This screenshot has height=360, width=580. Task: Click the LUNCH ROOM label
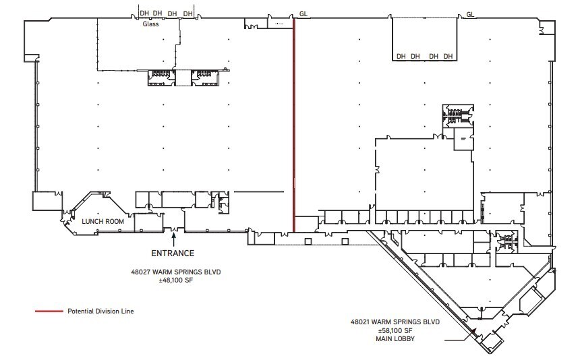click(x=99, y=221)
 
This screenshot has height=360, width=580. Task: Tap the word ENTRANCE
click(x=173, y=253)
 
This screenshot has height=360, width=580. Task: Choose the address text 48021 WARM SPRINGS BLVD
click(x=395, y=322)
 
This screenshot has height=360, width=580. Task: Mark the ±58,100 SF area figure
click(x=395, y=331)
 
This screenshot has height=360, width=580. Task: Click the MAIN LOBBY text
click(x=395, y=340)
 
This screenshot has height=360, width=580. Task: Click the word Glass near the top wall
click(x=150, y=24)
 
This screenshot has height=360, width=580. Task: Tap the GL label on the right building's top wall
click(x=470, y=13)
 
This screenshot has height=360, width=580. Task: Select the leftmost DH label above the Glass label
click(x=144, y=13)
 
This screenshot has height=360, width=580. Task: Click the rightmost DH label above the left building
click(x=187, y=13)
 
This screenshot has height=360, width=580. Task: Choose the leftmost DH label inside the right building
click(x=401, y=56)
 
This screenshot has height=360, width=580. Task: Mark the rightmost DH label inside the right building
click(x=448, y=56)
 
